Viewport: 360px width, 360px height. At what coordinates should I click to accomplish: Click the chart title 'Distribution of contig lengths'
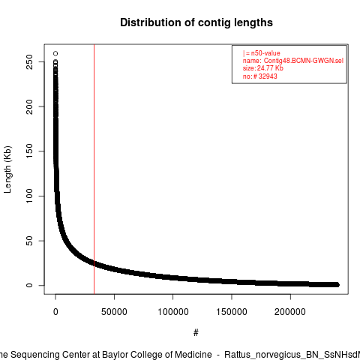[196, 22]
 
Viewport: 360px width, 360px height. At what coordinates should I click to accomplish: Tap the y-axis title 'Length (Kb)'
[7, 169]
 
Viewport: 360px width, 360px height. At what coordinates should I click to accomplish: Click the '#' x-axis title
[196, 333]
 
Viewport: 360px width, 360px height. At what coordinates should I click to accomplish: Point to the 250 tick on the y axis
[29, 61]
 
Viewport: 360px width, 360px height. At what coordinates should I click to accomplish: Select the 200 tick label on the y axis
[29, 106]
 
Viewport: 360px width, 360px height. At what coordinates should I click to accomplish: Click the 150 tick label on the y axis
[29, 151]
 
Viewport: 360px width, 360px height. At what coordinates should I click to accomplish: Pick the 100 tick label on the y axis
[29, 196]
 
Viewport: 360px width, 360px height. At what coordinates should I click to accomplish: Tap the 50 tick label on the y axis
[29, 241]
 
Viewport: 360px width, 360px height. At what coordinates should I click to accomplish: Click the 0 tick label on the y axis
[29, 285]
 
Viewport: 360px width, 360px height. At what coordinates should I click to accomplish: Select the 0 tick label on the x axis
[55, 312]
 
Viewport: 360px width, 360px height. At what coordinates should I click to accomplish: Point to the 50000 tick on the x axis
[114, 312]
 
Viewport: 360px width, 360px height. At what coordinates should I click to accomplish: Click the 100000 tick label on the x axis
[173, 312]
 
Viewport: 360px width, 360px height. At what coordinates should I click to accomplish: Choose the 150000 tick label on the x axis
[232, 312]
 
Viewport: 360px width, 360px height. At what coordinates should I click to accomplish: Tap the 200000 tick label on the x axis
[290, 312]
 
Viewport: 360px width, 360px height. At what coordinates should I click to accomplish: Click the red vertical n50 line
[94, 169]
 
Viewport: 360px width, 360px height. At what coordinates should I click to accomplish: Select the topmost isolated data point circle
[55, 53]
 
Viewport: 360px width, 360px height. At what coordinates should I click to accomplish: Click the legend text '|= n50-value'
[262, 53]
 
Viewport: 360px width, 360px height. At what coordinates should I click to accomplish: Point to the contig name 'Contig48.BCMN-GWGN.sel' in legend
[304, 61]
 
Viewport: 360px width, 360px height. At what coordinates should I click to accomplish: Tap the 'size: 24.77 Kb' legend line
[262, 68]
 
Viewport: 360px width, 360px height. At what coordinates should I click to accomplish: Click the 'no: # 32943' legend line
[260, 76]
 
